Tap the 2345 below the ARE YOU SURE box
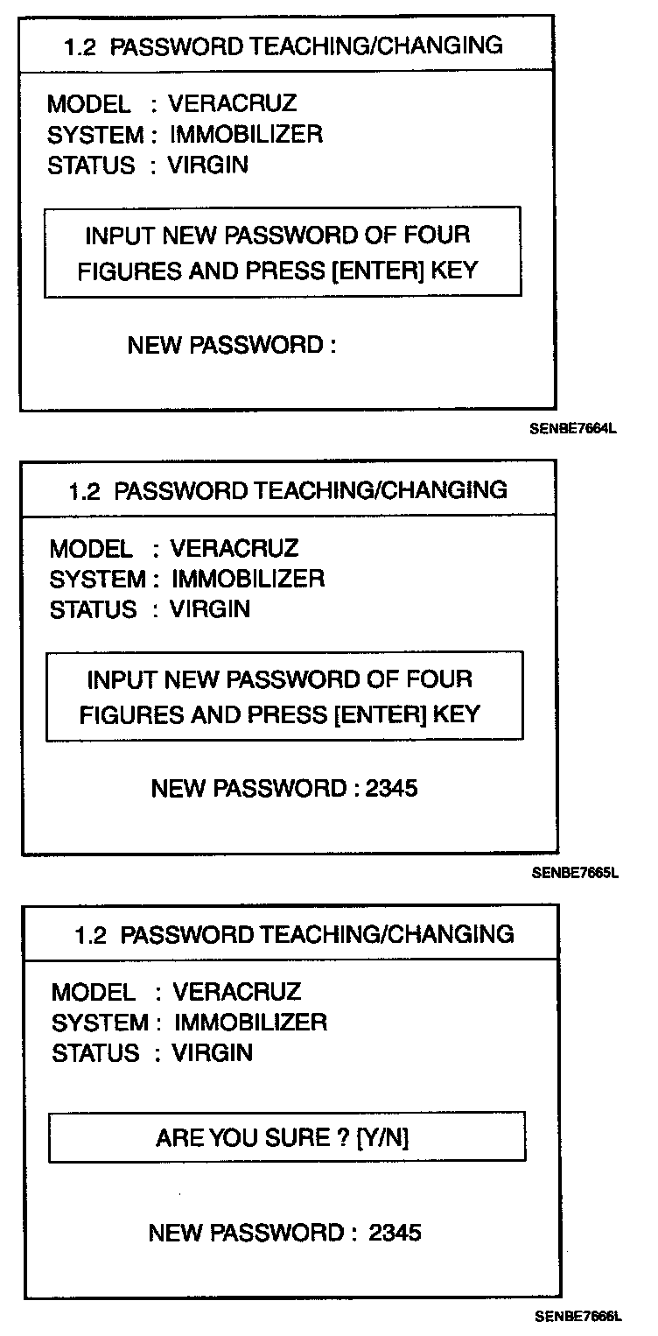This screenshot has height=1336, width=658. click(x=395, y=1233)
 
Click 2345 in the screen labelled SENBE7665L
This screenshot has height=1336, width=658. click(x=391, y=789)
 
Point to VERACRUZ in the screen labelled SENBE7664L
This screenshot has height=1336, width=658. click(x=232, y=104)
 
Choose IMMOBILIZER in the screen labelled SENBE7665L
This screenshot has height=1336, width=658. click(x=248, y=579)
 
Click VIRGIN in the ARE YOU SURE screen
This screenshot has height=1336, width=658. click(x=212, y=1052)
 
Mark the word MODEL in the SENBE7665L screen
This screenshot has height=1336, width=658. click(x=91, y=549)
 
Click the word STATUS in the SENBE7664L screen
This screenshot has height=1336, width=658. click(x=91, y=165)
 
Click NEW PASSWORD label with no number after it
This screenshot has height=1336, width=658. click(x=232, y=345)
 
